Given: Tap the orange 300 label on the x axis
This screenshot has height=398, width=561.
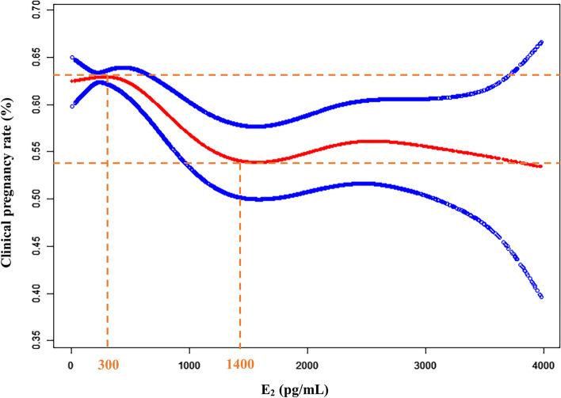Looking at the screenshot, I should (x=108, y=366).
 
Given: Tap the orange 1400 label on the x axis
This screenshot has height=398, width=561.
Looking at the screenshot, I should (x=239, y=366).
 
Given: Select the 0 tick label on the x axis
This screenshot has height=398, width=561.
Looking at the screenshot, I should (x=71, y=366).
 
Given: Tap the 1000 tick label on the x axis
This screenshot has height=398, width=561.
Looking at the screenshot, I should (x=189, y=366).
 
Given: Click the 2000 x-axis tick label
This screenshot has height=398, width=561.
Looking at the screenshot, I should (x=307, y=366).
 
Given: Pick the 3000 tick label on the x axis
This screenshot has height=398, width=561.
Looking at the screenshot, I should (x=426, y=366).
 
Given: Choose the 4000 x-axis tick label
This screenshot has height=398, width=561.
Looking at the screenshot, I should (x=544, y=366).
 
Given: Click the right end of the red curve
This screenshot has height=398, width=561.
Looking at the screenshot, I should (x=540, y=166).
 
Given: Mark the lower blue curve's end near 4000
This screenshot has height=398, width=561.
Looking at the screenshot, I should (x=541, y=296).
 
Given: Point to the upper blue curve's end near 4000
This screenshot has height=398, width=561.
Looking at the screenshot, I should (x=541, y=42).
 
